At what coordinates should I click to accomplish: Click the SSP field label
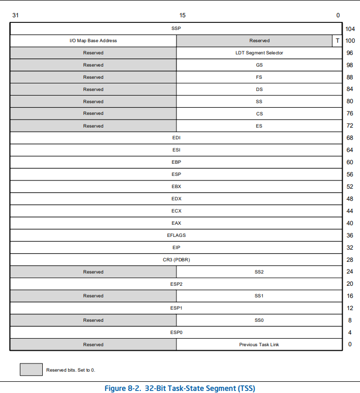(x=176, y=28)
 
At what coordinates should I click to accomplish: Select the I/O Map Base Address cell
(x=93, y=41)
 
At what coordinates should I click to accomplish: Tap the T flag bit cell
(x=337, y=41)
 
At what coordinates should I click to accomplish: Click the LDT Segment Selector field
(x=259, y=53)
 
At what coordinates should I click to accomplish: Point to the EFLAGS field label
(x=176, y=235)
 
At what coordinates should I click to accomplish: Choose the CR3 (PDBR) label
(x=176, y=260)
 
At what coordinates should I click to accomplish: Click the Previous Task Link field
(x=259, y=345)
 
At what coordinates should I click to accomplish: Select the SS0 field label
(x=259, y=320)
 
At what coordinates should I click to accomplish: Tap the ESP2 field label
(x=176, y=284)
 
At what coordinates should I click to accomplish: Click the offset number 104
(x=350, y=29)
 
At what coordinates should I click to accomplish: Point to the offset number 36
(x=350, y=235)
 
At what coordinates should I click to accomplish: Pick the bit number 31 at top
(x=15, y=15)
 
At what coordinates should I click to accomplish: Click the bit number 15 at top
(x=183, y=15)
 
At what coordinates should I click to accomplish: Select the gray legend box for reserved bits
(x=31, y=370)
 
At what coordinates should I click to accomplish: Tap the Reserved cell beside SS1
(x=93, y=296)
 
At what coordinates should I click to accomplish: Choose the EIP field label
(x=176, y=248)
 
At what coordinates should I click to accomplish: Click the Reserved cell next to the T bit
(x=259, y=41)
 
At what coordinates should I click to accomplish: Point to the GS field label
(x=259, y=65)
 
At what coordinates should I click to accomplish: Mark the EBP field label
(x=176, y=162)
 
